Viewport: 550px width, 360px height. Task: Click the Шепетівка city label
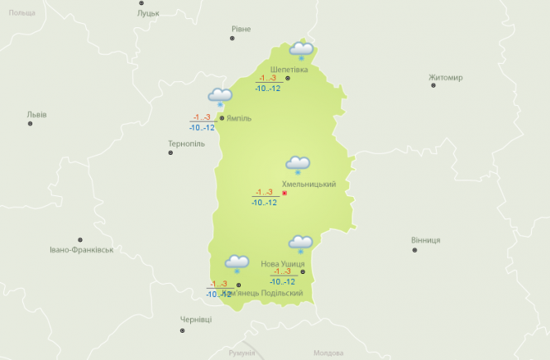289,70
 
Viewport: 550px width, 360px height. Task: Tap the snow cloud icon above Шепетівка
301,50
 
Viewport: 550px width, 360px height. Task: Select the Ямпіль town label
239,118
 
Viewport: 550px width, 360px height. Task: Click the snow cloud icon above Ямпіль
220,98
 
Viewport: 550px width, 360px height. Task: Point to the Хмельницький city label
309,184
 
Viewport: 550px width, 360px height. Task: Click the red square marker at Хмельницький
285,193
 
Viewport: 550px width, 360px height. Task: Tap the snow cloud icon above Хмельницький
298,165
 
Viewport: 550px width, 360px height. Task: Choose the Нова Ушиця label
283,263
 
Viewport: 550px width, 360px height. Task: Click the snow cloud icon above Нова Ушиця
299,243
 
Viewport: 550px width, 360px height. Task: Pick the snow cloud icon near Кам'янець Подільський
237,264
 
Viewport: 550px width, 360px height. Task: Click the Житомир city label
446,78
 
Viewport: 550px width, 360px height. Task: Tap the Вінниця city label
426,240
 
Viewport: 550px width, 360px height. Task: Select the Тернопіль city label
186,143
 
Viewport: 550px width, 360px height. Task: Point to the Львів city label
37,114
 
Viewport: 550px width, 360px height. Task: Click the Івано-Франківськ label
81,249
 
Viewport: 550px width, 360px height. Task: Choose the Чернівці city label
196,319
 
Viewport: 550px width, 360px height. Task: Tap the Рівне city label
241,29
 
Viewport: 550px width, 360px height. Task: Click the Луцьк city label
149,13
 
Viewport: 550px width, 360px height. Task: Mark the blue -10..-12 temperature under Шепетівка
268,88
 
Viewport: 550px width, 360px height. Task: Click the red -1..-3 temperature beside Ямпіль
202,118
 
